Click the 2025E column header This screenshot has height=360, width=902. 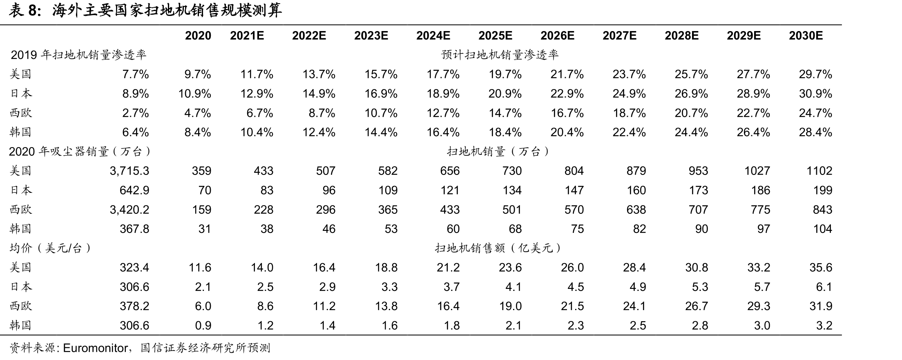(x=495, y=36)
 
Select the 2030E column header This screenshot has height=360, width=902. (x=806, y=36)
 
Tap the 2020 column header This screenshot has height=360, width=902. (x=198, y=36)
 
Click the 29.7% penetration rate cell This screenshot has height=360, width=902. (x=815, y=74)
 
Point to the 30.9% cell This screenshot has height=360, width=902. (x=815, y=94)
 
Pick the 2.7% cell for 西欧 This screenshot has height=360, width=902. (x=136, y=113)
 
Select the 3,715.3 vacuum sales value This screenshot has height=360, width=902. (x=129, y=171)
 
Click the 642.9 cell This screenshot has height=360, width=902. (x=134, y=190)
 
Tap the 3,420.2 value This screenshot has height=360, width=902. (x=129, y=210)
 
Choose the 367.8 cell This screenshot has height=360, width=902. (x=134, y=229)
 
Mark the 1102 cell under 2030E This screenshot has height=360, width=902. (x=819, y=171)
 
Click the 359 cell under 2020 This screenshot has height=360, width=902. (x=201, y=171)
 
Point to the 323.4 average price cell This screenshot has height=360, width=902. (x=134, y=268)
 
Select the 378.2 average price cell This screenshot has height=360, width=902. (x=134, y=306)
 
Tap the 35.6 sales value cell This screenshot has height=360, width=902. (x=821, y=268)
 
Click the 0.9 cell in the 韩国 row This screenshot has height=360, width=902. (x=203, y=326)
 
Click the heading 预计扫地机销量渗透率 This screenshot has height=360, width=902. (x=500, y=55)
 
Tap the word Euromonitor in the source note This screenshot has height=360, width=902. (x=95, y=348)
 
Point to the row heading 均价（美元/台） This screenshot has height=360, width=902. (x=50, y=248)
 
